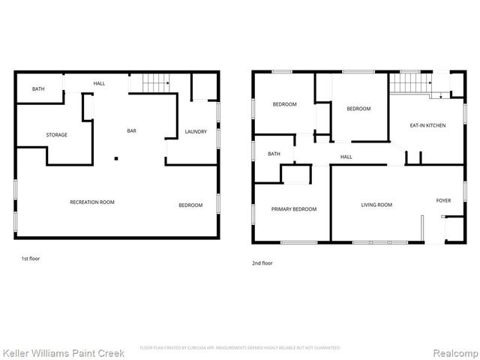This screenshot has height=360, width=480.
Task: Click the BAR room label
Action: pyautogui.click(x=131, y=131)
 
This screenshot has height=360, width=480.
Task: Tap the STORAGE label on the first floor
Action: pyautogui.click(x=57, y=135)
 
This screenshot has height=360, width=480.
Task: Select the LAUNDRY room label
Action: pyautogui.click(x=196, y=132)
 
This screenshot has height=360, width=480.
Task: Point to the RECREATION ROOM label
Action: pyautogui.click(x=92, y=202)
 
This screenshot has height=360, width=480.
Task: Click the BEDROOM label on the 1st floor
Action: pyautogui.click(x=190, y=205)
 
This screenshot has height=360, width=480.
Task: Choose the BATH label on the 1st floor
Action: pyautogui.click(x=38, y=89)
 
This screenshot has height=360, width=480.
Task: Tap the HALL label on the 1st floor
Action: pyautogui.click(x=99, y=82)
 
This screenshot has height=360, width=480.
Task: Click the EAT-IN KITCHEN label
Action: pyautogui.click(x=427, y=125)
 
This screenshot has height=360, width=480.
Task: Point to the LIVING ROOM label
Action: pyautogui.click(x=376, y=204)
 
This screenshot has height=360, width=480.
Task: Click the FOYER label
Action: pyautogui.click(x=444, y=200)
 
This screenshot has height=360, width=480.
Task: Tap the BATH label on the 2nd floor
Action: pyautogui.click(x=274, y=154)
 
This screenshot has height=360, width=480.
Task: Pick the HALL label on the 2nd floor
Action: pyautogui.click(x=346, y=157)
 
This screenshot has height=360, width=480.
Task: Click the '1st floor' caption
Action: pyautogui.click(x=30, y=259)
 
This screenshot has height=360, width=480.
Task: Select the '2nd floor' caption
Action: pyautogui.click(x=262, y=263)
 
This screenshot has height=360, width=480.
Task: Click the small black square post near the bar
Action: pyautogui.click(x=115, y=158)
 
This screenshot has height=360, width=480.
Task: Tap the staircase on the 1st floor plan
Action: pyautogui.click(x=154, y=83)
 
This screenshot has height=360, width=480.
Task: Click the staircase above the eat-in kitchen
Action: pyautogui.click(x=409, y=82)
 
